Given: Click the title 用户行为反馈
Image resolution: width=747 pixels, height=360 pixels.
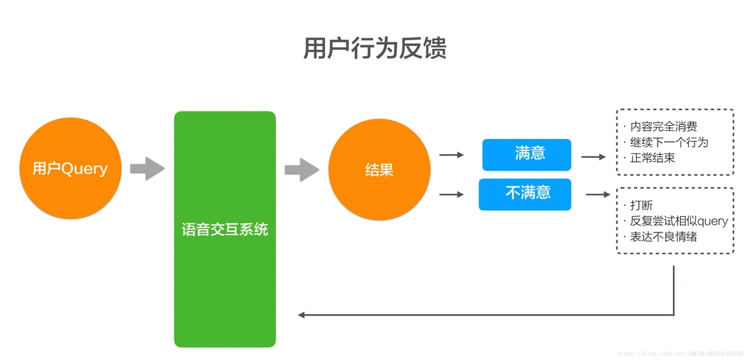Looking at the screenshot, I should [x=374, y=48].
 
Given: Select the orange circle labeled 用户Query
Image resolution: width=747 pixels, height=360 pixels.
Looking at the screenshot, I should [x=70, y=169].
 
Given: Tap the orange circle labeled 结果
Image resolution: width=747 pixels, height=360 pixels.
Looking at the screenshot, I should [x=379, y=171].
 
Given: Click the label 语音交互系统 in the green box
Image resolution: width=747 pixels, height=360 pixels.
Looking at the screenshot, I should [x=225, y=230].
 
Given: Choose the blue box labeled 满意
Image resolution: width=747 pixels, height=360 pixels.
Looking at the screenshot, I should [x=526, y=154].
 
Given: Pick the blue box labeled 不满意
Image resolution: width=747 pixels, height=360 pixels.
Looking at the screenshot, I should [x=524, y=194].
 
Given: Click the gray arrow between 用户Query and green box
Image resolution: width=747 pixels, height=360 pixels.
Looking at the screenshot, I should [x=147, y=169].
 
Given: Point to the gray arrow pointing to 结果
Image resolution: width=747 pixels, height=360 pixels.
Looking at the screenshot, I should [x=301, y=170].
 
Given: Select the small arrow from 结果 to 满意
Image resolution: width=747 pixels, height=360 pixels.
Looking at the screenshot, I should [x=451, y=155].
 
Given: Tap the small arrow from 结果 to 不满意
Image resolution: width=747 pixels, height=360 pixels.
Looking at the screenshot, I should [x=451, y=194].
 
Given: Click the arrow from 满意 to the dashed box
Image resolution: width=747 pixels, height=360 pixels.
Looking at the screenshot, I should [x=594, y=156].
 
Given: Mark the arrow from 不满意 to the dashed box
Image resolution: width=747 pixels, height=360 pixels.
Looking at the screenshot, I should [x=597, y=194].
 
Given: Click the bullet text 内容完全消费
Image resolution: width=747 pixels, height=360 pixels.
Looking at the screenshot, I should [x=663, y=127].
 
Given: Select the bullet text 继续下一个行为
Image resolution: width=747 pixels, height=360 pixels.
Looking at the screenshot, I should [x=668, y=142].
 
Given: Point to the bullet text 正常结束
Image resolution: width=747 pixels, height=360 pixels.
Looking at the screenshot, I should [x=652, y=158].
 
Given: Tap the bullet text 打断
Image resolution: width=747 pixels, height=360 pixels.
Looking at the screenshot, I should [x=641, y=206].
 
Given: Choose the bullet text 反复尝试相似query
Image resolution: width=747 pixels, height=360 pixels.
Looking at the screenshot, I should [x=678, y=221].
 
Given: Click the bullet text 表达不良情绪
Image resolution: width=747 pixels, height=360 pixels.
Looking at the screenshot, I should [x=663, y=237].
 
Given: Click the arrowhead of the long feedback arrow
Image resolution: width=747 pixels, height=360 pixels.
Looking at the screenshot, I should [x=303, y=315].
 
